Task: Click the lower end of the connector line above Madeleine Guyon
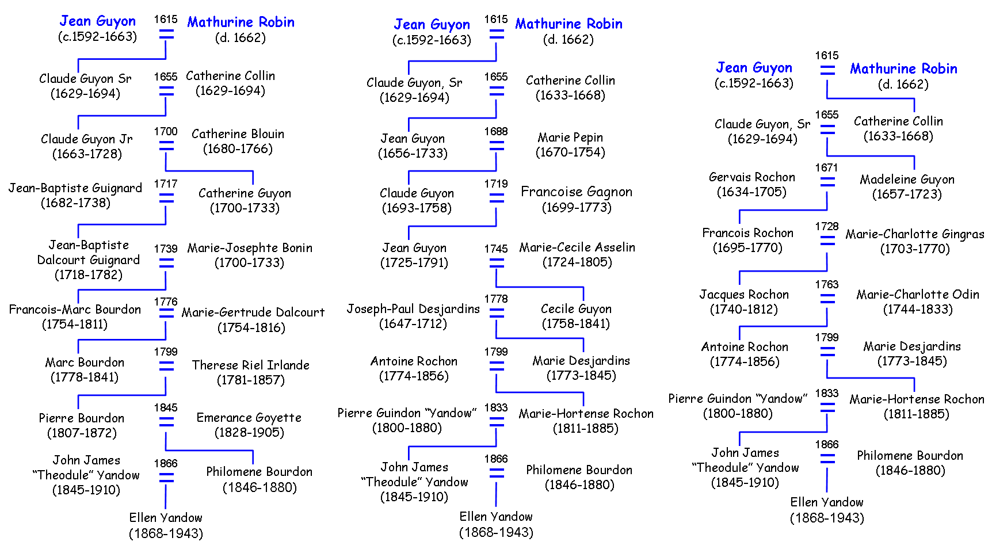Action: tap(914, 169)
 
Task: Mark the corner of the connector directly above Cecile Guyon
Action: tap(583, 287)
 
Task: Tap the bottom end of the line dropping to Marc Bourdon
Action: tap(78, 353)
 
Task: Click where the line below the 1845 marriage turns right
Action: tap(166, 450)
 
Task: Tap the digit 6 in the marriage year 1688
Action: tap(493, 132)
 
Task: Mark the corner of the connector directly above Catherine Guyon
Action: tap(253, 171)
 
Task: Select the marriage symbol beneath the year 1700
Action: tap(166, 146)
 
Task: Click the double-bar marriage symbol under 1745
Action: tap(497, 263)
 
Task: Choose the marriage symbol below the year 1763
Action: tap(827, 299)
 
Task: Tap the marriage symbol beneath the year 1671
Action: tap(827, 182)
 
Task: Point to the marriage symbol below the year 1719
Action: tap(497, 198)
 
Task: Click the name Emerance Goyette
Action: tap(249, 418)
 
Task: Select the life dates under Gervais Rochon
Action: tap(751, 192)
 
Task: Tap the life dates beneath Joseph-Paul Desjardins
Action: tap(413, 324)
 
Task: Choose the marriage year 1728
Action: tap(827, 227)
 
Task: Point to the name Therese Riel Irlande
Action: tap(251, 365)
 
